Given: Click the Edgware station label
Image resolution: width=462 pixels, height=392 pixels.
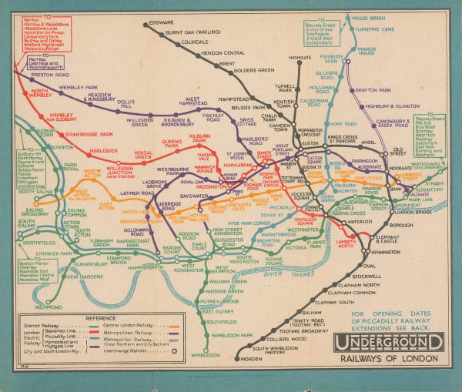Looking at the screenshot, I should [x=160, y=22].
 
